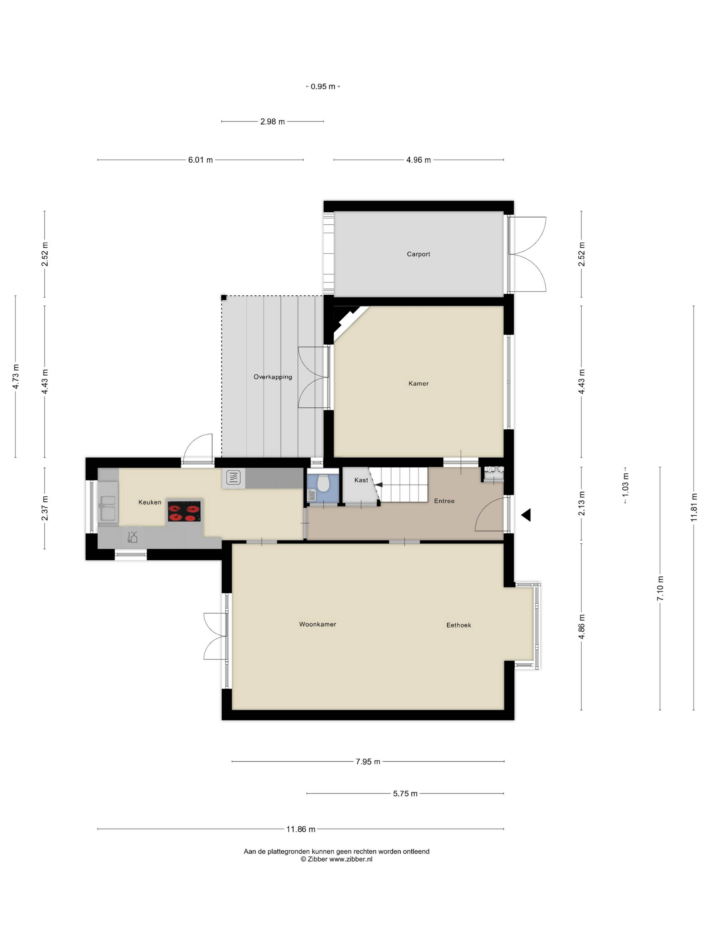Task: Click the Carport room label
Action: (418, 254)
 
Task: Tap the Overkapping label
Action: (273, 377)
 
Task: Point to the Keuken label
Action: (150, 502)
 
